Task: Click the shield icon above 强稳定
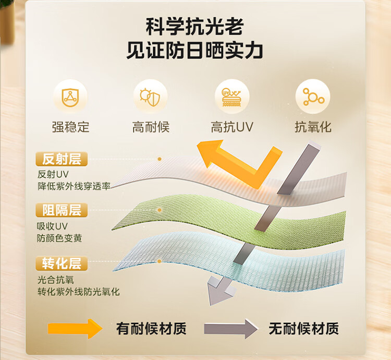[x=70, y=97]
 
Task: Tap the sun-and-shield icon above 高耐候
[x=150, y=97]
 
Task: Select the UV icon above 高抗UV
[x=231, y=97]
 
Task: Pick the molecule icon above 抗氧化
[x=313, y=97]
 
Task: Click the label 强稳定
[x=70, y=127]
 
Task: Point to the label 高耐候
[x=151, y=127]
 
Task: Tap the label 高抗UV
[x=232, y=127]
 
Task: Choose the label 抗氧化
[x=313, y=127]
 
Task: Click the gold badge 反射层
[x=62, y=159]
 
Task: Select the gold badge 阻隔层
[x=62, y=210]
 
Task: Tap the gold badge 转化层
[x=62, y=263]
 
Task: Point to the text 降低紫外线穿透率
[x=74, y=186]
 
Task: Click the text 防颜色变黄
[x=59, y=238]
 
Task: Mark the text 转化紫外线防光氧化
[x=79, y=292]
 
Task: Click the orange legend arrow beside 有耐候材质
[x=75, y=329]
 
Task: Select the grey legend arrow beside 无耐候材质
[x=231, y=329]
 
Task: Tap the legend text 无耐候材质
[x=304, y=329]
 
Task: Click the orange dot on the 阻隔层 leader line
[x=160, y=210]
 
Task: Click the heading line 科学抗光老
[x=195, y=26]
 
